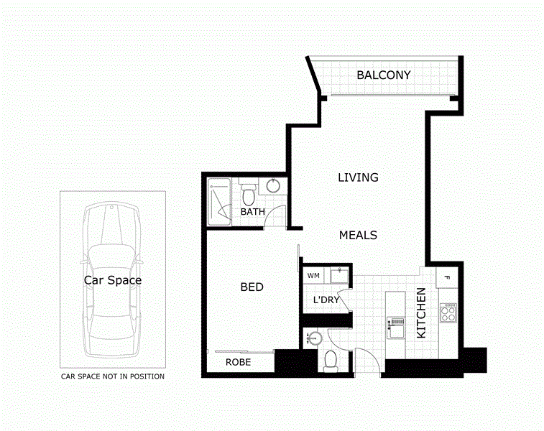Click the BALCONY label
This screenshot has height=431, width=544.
[x=384, y=75]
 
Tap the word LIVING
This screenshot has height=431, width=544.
[x=358, y=177]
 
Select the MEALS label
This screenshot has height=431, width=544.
[x=358, y=235]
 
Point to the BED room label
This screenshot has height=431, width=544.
[x=252, y=287]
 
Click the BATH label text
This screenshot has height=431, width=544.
[x=252, y=212]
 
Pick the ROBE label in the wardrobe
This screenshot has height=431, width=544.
[x=238, y=363]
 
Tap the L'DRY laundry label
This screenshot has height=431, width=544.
[x=326, y=300]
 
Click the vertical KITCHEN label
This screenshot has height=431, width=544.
[x=422, y=313]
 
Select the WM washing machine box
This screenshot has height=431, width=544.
[x=313, y=275]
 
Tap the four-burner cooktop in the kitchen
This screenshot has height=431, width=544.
[x=448, y=312]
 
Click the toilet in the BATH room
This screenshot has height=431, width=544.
[x=248, y=193]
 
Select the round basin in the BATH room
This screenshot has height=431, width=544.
[x=274, y=186]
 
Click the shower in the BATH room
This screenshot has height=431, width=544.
[x=218, y=203]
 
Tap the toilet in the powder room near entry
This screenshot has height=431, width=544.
[x=331, y=358]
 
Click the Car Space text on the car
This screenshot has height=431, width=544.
[x=113, y=280]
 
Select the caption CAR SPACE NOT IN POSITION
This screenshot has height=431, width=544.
[x=113, y=376]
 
